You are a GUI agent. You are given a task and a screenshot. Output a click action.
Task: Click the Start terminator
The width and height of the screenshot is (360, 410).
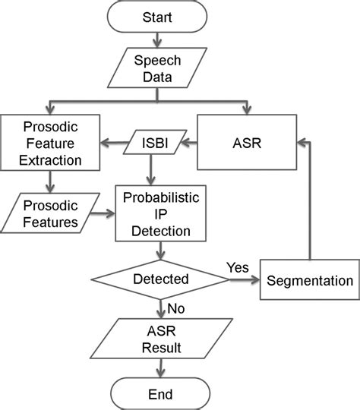[x=157, y=17]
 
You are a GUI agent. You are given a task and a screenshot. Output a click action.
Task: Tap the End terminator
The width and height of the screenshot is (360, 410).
[x=160, y=394]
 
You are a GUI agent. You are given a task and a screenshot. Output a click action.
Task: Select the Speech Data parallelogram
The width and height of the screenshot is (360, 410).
[x=157, y=68]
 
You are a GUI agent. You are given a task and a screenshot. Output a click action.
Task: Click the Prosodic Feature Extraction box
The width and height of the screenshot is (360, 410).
[x=50, y=143]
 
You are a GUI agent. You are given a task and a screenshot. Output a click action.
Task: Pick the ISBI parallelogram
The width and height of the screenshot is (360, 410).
[x=155, y=142]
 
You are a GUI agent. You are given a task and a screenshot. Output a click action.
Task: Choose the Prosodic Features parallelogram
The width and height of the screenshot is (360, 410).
[x=50, y=213]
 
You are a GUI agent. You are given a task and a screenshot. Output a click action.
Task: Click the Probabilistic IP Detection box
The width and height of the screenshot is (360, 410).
[x=161, y=213]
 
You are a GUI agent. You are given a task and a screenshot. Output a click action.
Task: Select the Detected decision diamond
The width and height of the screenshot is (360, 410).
[x=161, y=279]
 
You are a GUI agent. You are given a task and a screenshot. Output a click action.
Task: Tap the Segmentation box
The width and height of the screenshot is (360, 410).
[x=310, y=279]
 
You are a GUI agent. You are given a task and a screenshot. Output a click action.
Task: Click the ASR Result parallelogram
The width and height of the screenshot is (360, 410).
[x=161, y=339]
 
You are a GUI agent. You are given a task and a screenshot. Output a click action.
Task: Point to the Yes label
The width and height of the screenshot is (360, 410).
[x=238, y=267]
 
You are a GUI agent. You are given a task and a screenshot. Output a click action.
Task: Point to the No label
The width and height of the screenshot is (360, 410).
[x=175, y=308]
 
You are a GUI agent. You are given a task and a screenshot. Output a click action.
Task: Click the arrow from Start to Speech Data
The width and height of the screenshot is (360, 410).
[x=157, y=40]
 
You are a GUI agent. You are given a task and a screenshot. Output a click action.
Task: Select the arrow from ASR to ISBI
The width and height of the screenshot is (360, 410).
[x=189, y=143]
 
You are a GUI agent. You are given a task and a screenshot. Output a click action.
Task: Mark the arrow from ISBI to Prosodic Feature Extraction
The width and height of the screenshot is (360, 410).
[x=115, y=143]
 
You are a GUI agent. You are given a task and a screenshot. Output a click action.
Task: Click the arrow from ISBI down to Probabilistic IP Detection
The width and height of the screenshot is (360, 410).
[x=150, y=170]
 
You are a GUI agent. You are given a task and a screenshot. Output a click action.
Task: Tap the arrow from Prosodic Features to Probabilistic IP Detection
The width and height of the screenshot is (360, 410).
[x=103, y=213]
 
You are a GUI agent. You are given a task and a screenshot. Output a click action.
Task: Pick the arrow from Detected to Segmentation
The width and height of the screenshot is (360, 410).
[x=245, y=279]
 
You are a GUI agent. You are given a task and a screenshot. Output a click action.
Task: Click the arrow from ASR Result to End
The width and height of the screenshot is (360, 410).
[x=160, y=368]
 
